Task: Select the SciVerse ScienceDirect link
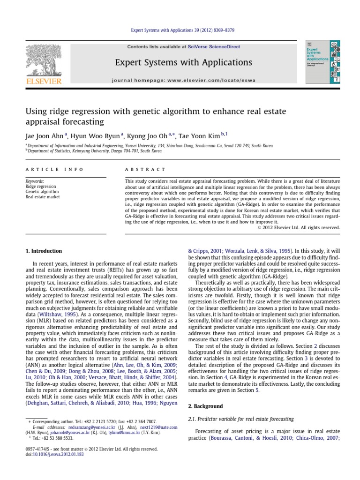point(213,46)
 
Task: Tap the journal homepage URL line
point(184,80)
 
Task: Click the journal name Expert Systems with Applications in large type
point(184,62)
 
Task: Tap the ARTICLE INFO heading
point(54,169)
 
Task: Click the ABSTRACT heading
point(145,169)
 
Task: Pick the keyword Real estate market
point(43,197)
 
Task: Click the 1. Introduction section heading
point(43,251)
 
